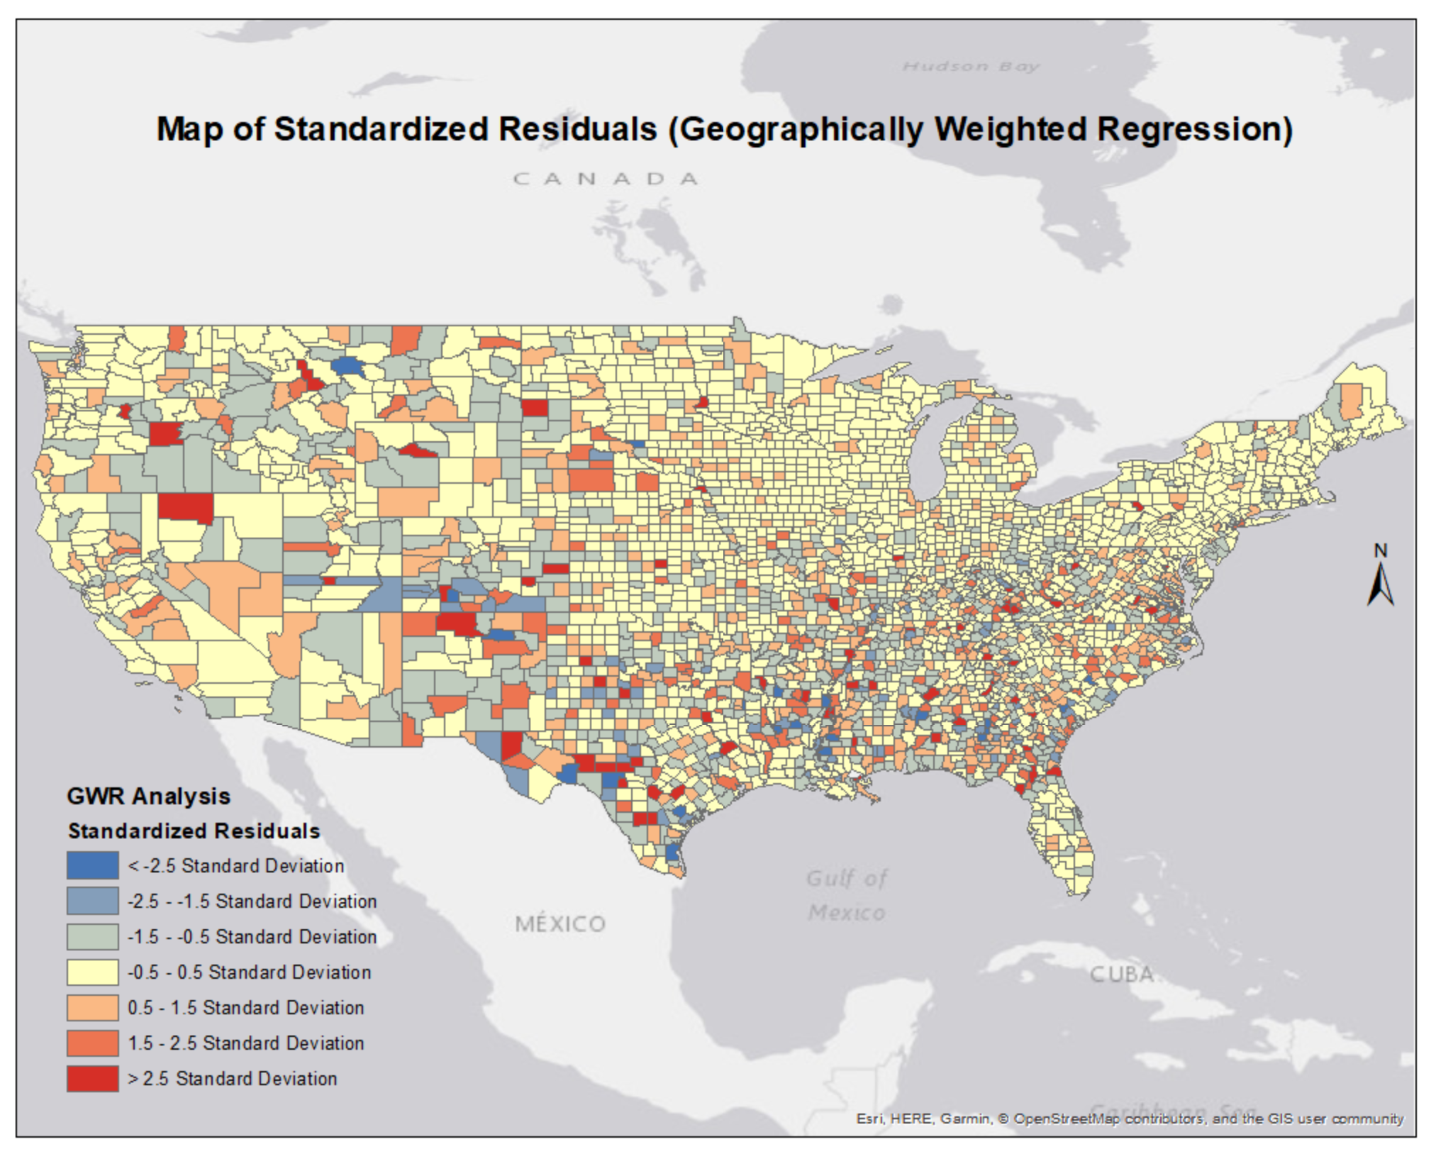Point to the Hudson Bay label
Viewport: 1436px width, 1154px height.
coord(970,67)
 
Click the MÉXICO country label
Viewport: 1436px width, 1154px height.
coord(560,923)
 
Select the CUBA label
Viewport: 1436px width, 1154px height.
coord(1121,975)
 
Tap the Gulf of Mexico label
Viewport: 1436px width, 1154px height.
coord(846,895)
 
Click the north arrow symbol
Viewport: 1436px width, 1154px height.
coord(1380,586)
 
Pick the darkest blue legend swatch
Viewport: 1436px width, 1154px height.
coord(92,865)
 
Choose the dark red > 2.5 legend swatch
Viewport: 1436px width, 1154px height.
coord(92,1078)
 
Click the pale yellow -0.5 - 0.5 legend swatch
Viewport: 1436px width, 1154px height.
coord(92,972)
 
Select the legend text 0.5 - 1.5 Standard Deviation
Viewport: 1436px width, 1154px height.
coord(245,1008)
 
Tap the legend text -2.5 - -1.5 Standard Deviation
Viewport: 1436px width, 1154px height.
coord(252,901)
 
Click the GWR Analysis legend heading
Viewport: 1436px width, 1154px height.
coord(148,796)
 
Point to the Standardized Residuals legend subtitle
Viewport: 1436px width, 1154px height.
coord(194,831)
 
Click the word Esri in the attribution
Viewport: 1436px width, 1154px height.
coord(869,1119)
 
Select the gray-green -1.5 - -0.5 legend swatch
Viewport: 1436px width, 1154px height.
coord(92,936)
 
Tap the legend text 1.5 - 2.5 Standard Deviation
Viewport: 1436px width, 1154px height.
coord(245,1043)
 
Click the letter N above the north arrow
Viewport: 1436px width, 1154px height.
coord(1380,550)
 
